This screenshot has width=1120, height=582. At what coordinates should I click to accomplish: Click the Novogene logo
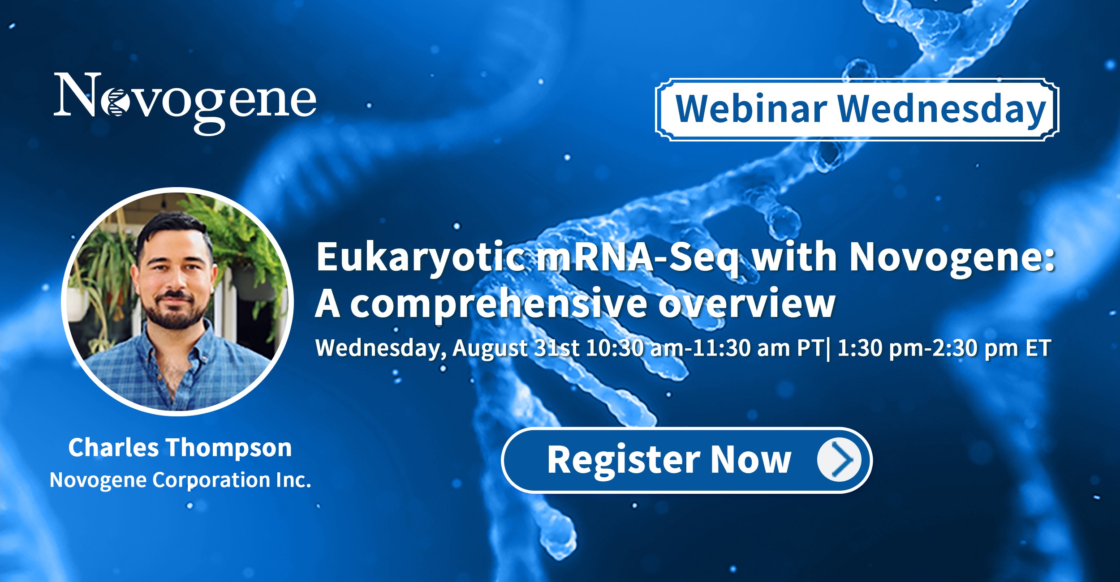click(x=185, y=103)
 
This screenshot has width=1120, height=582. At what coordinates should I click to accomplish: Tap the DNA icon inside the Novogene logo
click(x=115, y=103)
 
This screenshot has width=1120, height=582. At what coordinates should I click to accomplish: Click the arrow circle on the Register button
click(x=839, y=460)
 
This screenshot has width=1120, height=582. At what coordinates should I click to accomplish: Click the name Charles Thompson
click(x=180, y=448)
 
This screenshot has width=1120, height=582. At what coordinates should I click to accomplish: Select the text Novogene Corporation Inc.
click(x=180, y=480)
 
